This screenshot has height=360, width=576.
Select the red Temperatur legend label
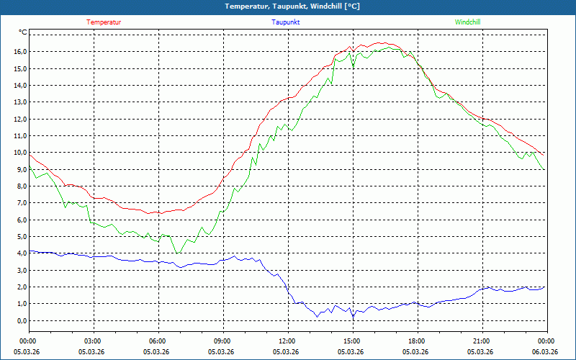coord(104,22)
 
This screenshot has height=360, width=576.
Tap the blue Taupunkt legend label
coord(286,22)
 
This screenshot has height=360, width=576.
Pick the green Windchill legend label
coord(467,22)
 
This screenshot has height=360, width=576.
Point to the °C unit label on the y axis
coord(23,32)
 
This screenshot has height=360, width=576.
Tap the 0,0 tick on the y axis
coord(21,320)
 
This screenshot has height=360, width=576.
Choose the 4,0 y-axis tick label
coord(21,253)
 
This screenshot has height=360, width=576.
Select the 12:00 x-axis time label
coord(287,341)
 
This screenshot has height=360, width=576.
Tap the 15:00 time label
coord(351,341)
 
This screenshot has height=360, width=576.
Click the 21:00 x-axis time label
coord(481,341)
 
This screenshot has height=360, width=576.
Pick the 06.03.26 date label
coord(544,352)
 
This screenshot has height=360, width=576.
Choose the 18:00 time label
coord(416,341)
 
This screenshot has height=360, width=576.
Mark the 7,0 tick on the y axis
coord(21,203)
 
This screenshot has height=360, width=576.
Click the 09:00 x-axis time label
coord(222,341)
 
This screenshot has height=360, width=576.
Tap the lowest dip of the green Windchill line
coord(177,253)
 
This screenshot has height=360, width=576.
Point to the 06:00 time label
coord(157,341)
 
